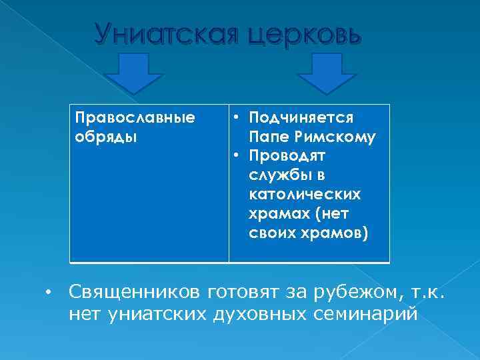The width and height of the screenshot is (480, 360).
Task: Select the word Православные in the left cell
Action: pos(135,118)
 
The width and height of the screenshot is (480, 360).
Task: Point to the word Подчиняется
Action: pos(301,118)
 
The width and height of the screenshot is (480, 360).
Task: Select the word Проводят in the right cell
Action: pos(287,157)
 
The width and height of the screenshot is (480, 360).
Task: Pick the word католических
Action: pos(304,195)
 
